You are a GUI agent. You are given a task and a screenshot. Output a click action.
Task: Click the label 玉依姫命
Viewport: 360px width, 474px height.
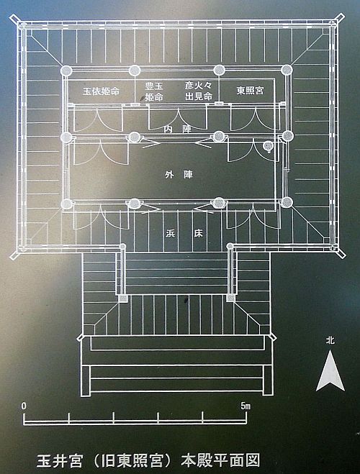click(x=101, y=91)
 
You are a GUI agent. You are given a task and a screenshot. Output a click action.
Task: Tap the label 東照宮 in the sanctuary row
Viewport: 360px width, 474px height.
click(x=250, y=90)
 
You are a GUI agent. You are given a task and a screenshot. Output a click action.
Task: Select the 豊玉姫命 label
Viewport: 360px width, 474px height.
click(x=154, y=91)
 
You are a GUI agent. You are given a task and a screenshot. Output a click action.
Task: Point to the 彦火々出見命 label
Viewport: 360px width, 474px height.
click(x=199, y=91)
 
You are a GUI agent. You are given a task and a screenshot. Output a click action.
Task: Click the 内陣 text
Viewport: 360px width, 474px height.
click(x=178, y=129)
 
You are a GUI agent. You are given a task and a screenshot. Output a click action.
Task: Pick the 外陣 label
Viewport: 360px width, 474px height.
click(x=179, y=175)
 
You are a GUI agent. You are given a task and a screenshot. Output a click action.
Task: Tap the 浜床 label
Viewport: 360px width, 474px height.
click(x=184, y=233)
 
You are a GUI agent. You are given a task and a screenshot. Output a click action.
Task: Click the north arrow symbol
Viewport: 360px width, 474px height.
click(x=330, y=371)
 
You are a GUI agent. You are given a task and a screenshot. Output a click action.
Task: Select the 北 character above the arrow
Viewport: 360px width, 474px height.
click(x=330, y=340)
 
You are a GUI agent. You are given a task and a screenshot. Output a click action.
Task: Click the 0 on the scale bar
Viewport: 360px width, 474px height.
click(x=24, y=406)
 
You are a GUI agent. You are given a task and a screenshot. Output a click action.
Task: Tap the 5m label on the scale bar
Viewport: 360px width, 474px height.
click(x=246, y=406)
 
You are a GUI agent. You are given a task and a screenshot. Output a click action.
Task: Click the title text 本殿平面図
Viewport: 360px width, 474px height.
click(x=220, y=460)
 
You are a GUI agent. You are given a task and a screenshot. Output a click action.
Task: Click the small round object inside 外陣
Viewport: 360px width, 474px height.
click(x=268, y=146)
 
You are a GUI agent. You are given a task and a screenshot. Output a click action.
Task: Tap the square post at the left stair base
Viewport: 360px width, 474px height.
click(x=123, y=298)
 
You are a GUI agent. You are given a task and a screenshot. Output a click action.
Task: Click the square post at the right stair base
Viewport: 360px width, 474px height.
click(x=230, y=298)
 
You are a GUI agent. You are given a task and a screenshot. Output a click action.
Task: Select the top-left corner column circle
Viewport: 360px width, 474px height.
click(x=66, y=71)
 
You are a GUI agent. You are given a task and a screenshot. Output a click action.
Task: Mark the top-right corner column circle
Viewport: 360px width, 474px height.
click(x=286, y=70)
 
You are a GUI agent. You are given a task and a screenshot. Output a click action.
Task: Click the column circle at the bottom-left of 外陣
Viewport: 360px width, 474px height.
click(x=66, y=204)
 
